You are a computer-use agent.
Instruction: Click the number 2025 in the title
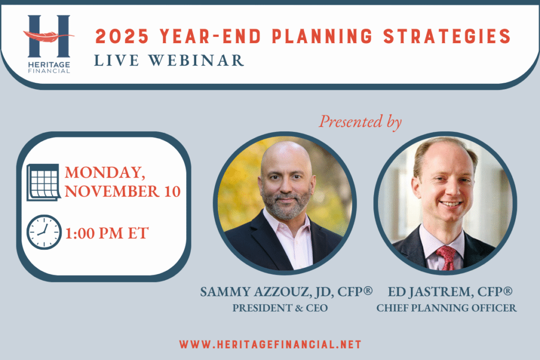(x=122, y=36)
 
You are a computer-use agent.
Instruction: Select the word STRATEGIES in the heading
(x=447, y=36)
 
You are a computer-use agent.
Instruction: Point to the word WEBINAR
(x=196, y=61)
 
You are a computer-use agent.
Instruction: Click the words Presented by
(x=360, y=121)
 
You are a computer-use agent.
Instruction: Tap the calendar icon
(x=44, y=182)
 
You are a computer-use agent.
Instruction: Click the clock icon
(x=44, y=232)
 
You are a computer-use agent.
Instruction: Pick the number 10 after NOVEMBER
(x=172, y=192)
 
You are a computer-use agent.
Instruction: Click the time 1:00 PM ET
(x=107, y=233)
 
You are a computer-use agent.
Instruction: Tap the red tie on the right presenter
(x=447, y=258)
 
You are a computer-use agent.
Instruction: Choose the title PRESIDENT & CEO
(x=280, y=308)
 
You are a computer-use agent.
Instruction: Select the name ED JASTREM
(x=429, y=292)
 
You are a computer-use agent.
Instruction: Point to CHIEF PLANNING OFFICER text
(x=446, y=308)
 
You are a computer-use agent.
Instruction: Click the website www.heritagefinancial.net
(x=270, y=345)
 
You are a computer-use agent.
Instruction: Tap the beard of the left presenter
(x=285, y=205)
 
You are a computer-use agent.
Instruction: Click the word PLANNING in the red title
(x=322, y=36)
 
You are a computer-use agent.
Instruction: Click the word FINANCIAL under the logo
(x=49, y=71)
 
